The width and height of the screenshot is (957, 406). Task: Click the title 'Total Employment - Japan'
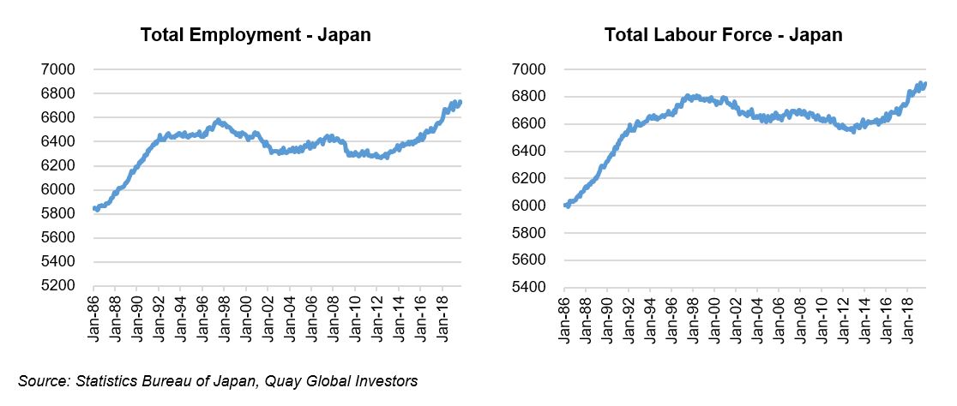coord(256,35)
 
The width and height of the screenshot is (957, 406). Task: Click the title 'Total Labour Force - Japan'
coord(723,35)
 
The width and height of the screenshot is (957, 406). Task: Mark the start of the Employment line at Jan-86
coord(93,208)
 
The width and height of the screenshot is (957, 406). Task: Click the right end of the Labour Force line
coord(924,83)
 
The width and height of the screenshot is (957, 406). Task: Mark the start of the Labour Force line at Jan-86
coord(564,206)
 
